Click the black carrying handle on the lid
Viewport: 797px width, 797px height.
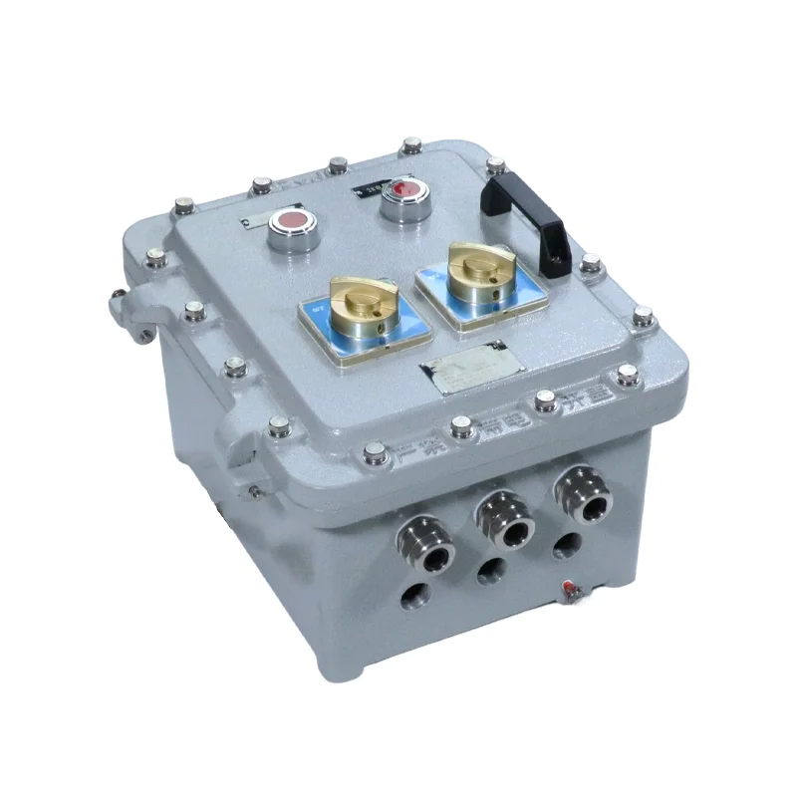(528, 213)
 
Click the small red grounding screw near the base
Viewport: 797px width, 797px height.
(571, 592)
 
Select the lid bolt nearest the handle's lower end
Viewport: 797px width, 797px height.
(590, 263)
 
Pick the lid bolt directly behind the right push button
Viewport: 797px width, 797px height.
(409, 147)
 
